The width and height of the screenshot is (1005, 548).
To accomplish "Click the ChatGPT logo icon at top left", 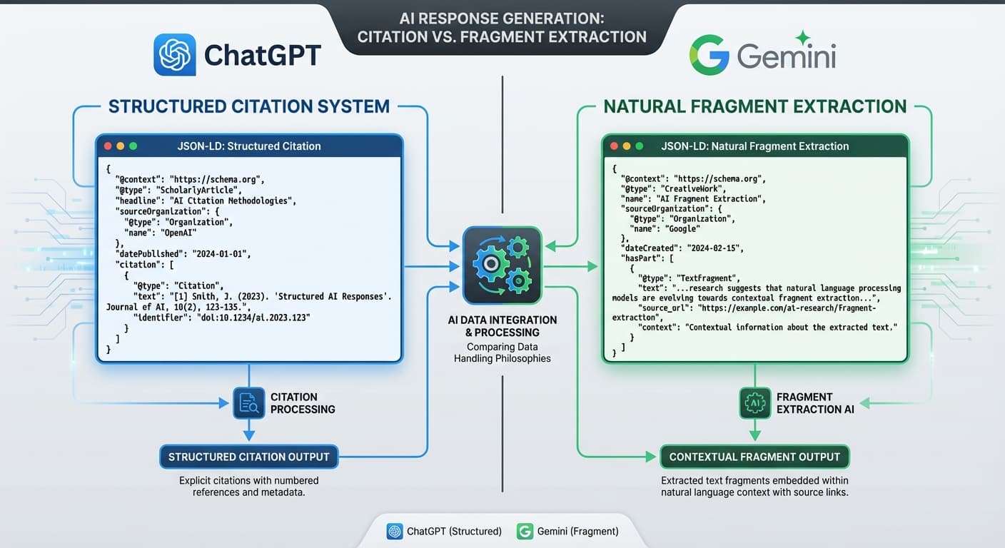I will point(174,55).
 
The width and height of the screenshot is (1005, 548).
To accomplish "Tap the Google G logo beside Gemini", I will point(709,55).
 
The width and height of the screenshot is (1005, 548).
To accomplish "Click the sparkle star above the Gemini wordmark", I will point(803,38).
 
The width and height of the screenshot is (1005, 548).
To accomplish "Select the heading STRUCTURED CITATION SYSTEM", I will point(249,107).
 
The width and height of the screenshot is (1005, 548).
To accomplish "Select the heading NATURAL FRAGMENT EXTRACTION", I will point(754,107).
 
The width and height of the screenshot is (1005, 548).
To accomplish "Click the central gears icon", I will point(502,265).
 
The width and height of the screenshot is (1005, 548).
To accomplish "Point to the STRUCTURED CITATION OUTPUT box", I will point(248,457).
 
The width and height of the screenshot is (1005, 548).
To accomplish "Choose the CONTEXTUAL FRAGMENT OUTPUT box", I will point(754,457).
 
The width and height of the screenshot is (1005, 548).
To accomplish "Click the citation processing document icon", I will point(248,403).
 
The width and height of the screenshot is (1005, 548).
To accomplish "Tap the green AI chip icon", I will point(754,403).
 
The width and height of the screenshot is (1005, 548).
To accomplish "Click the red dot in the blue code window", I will point(108,146).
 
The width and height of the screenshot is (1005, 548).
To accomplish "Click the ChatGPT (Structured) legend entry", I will point(443,531).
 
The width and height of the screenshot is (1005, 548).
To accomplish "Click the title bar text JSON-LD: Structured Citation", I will point(249,146).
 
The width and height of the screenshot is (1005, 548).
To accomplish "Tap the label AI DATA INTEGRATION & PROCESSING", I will point(502,326).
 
